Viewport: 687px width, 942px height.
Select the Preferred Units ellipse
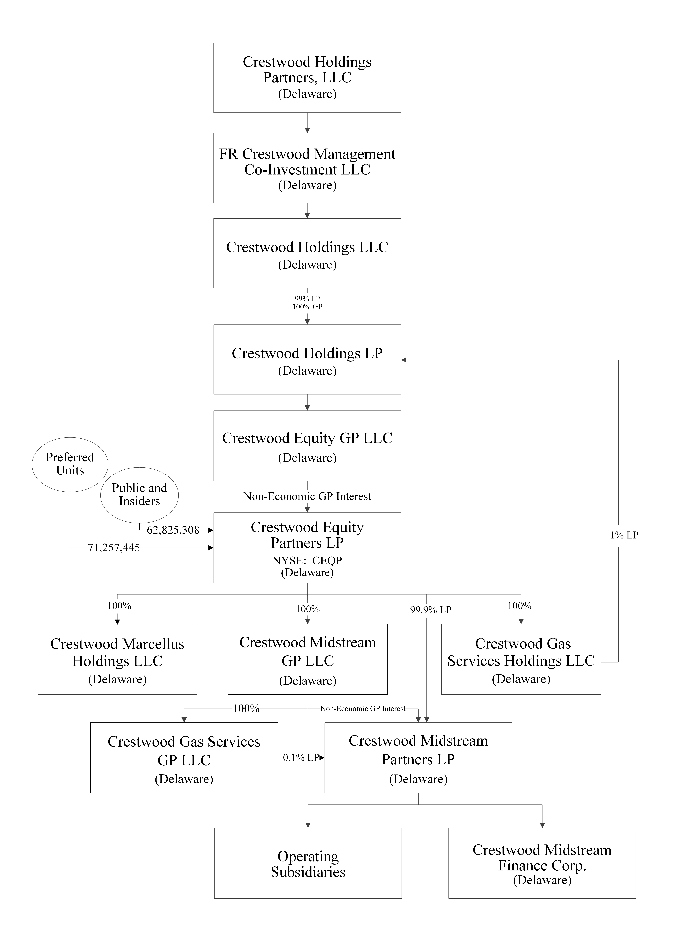(70, 464)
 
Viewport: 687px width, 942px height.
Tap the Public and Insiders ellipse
(139, 495)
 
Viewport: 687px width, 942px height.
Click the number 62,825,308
(173, 530)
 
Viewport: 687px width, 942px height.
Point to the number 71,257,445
(114, 548)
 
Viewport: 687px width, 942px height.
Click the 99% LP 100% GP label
(307, 303)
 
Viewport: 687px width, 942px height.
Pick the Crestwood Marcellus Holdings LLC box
(117, 659)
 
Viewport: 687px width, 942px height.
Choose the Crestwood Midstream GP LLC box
(307, 659)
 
